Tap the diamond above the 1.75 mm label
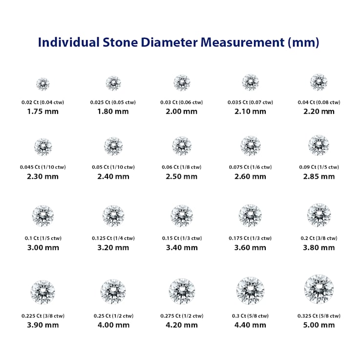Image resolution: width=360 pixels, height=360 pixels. point(43,84)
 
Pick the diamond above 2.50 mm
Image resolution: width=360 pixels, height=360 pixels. point(182,146)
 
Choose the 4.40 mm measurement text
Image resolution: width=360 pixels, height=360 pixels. point(250,325)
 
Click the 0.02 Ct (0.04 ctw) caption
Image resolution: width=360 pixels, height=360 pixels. point(43,103)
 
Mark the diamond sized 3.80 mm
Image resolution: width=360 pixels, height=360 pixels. point(318,215)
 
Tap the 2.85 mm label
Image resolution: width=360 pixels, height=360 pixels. point(318,176)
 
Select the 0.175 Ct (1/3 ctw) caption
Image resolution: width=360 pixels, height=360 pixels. point(250,238)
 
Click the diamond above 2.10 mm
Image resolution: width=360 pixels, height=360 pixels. point(250,82)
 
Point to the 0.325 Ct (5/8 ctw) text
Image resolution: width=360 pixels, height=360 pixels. point(318,316)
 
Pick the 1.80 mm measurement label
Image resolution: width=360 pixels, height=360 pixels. point(113,111)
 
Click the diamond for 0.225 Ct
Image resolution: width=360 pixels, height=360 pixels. point(43,292)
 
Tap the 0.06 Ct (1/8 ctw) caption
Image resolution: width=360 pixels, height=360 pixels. point(181,167)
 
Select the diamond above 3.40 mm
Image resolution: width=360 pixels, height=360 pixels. point(182,215)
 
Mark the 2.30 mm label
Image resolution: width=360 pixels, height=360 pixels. point(43,176)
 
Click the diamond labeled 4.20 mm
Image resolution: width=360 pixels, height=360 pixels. point(182,291)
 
